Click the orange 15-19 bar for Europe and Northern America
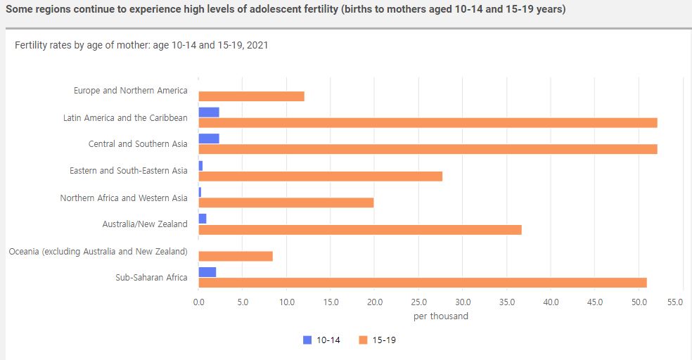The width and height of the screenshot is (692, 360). pyautogui.click(x=251, y=96)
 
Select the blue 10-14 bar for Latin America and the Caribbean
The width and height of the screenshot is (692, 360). pyautogui.click(x=209, y=112)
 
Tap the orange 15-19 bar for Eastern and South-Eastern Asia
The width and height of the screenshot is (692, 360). pyautogui.click(x=320, y=176)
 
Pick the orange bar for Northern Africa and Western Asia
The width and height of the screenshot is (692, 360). pyautogui.click(x=286, y=203)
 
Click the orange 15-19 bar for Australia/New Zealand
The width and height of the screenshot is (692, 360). pyautogui.click(x=360, y=230)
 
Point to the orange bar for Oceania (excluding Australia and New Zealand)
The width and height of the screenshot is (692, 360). pyautogui.click(x=236, y=257)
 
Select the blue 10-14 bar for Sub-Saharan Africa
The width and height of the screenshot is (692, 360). pyautogui.click(x=207, y=272)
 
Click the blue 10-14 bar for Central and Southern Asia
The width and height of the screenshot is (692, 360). pyautogui.click(x=209, y=139)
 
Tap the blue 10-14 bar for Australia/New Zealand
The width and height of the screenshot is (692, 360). pyautogui.click(x=203, y=219)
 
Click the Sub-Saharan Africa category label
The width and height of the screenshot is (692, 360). pyautogui.click(x=151, y=278)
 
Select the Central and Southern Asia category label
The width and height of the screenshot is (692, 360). pyautogui.click(x=138, y=144)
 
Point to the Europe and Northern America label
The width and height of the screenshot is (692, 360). pyautogui.click(x=131, y=91)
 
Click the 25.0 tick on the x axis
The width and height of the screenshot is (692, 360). pyautogui.click(x=418, y=302)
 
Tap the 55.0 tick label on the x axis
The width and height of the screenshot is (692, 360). pyautogui.click(x=674, y=302)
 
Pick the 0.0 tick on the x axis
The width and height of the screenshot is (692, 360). pyautogui.click(x=198, y=302)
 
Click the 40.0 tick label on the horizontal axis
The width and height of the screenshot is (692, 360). pyautogui.click(x=551, y=302)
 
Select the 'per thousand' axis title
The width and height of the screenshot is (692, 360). pyautogui.click(x=441, y=316)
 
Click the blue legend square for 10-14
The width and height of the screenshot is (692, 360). pyautogui.click(x=307, y=340)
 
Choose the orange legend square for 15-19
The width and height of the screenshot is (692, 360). pyautogui.click(x=363, y=340)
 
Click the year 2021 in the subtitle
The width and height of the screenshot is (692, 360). pyautogui.click(x=257, y=46)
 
